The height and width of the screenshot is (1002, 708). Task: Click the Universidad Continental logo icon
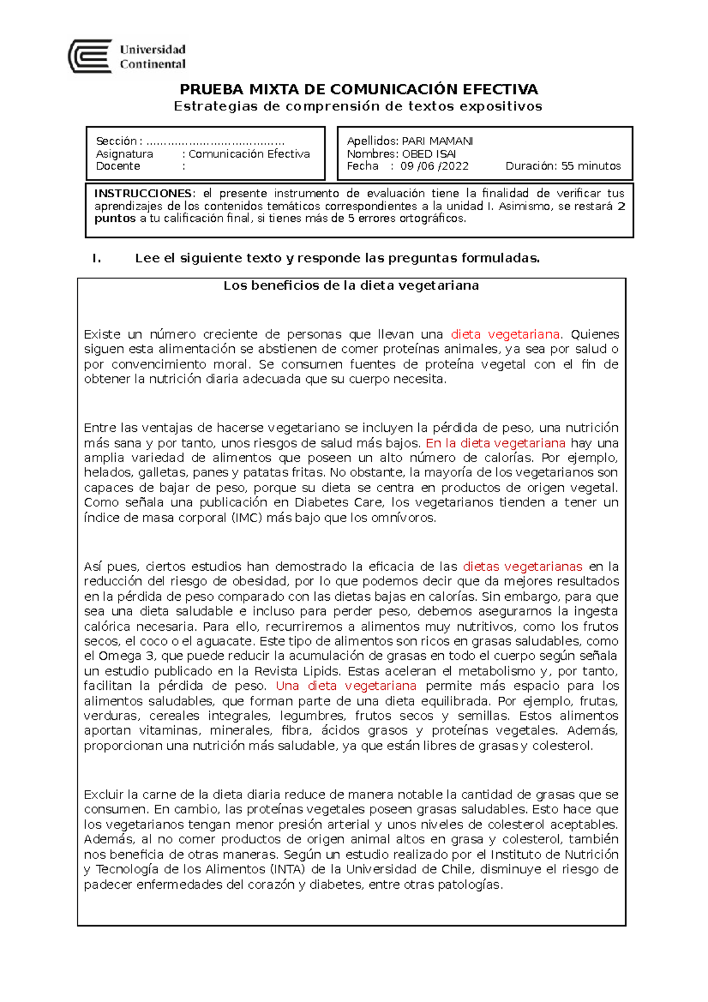[90, 56]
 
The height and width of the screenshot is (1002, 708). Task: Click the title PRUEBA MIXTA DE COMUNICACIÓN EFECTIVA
[359, 90]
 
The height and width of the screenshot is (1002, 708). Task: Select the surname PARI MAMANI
[437, 141]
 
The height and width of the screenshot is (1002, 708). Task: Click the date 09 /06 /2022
[434, 166]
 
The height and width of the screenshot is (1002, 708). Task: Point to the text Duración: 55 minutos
[563, 166]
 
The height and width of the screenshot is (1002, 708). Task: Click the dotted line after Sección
[215, 142]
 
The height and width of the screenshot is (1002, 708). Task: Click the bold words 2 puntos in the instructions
[115, 218]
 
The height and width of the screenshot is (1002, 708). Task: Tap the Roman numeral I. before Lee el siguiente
[97, 258]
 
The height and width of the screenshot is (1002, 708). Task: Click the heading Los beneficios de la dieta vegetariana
[351, 286]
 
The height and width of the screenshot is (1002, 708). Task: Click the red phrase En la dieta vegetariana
[496, 443]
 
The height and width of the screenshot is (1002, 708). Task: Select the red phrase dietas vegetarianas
[523, 567]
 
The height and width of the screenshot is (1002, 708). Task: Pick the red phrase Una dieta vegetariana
[346, 686]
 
